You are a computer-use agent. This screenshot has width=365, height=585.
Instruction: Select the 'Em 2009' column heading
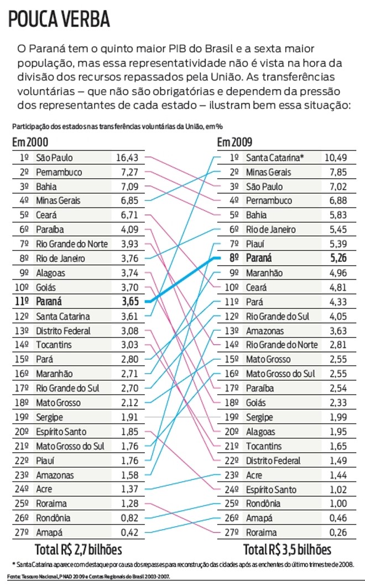(236, 142)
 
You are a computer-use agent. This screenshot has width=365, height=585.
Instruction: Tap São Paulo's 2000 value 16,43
(127, 158)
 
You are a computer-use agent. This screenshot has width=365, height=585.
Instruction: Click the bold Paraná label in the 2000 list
(48, 302)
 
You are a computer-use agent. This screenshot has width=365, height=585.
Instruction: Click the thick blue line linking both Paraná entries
(182, 279)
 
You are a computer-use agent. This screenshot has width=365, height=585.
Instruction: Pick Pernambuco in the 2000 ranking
(59, 172)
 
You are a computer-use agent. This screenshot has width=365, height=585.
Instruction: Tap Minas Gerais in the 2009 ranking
(268, 172)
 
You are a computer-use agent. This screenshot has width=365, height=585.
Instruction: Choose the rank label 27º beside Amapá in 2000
(24, 532)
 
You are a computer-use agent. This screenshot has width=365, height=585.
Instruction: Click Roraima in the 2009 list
(261, 532)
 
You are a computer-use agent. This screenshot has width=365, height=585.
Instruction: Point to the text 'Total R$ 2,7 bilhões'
(78, 550)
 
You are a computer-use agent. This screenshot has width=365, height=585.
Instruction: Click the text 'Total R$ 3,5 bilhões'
(287, 550)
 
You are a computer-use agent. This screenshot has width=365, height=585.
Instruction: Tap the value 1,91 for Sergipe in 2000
(129, 417)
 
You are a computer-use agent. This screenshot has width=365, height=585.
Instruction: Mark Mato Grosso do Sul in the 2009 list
(280, 374)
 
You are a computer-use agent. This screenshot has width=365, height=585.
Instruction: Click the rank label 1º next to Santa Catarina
(234, 158)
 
